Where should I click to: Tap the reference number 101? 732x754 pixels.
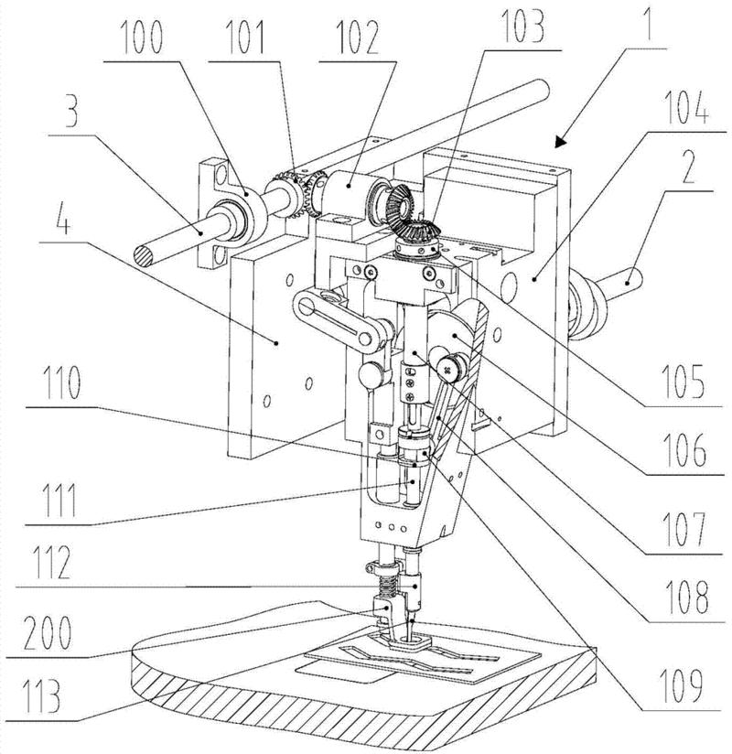[245, 37]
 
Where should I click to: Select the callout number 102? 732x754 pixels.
[357, 37]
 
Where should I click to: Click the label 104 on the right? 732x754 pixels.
[686, 107]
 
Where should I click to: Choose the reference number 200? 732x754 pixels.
[48, 632]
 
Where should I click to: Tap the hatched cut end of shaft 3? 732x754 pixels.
[144, 256]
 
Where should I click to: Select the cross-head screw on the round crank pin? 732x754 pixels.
[448, 370]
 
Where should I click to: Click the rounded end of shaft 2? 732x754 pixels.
[634, 277]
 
